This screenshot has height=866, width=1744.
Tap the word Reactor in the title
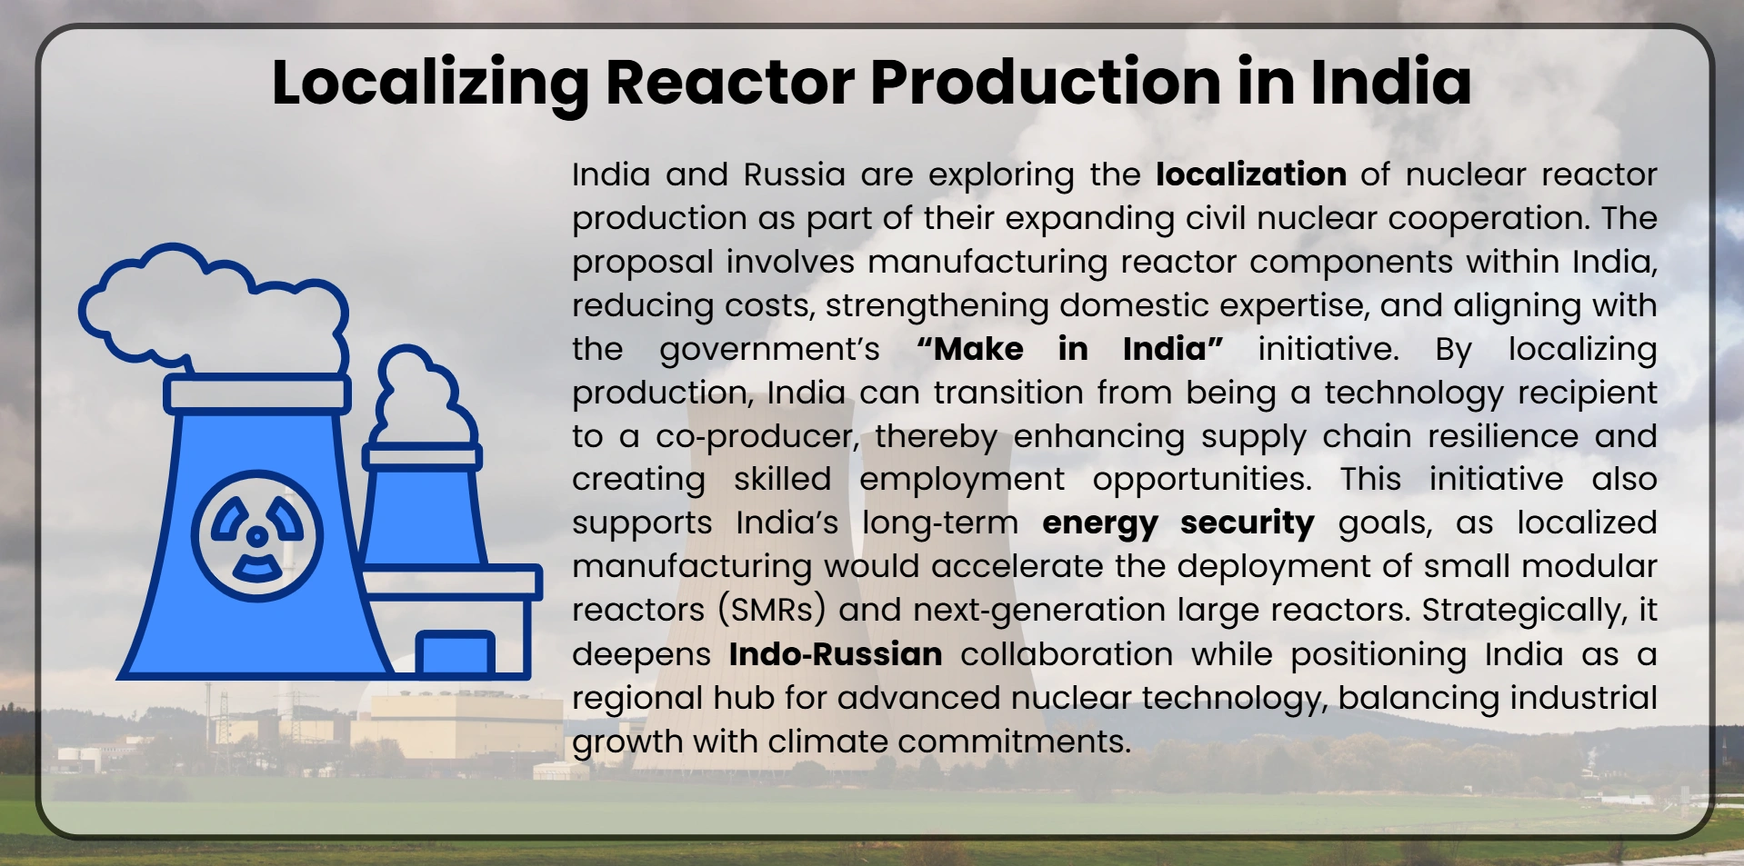(729, 83)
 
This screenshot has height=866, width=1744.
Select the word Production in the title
(1045, 83)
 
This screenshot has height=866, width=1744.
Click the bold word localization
(1250, 174)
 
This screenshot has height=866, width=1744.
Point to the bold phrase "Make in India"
(1069, 349)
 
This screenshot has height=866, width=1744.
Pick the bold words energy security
(1178, 523)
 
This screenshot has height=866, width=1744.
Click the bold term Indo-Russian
(835, 654)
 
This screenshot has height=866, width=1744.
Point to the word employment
(961, 480)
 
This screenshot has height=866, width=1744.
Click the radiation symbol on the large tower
(257, 535)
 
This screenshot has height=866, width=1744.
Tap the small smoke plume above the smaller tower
(424, 396)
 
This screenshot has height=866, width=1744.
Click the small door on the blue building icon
(455, 652)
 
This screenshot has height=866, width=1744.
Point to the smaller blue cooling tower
(423, 509)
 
